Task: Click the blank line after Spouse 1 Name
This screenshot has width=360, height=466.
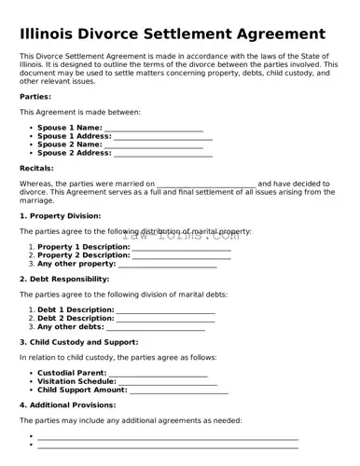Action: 153,128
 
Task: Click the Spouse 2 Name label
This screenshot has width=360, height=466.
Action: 69,144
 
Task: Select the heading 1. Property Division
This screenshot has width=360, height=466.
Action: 60,216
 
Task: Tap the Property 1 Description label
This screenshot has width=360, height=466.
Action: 83,247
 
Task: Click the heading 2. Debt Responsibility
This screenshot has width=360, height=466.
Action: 64,279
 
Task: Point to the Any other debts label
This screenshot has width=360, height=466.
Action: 70,327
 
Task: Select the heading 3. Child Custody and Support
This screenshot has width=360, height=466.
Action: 78,342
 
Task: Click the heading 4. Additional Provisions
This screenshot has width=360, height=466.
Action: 65,405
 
